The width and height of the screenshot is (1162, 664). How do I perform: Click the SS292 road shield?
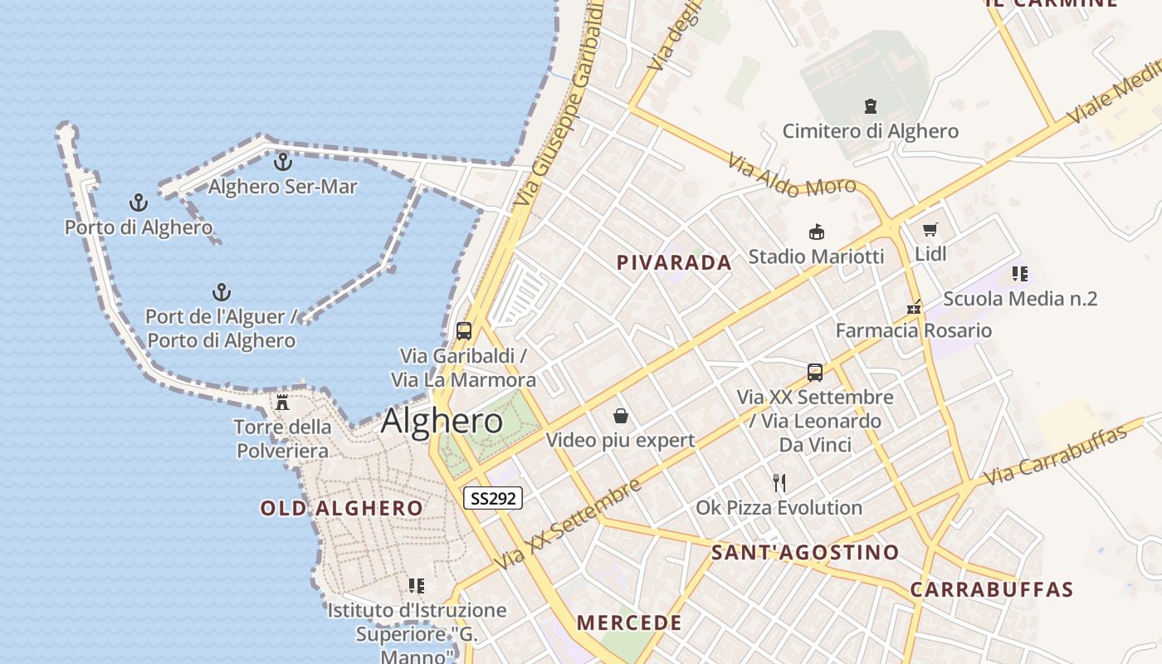coord(493,498)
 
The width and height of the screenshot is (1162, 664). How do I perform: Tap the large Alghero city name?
coord(442,422)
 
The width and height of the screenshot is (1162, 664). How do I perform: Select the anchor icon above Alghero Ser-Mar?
coord(283,161)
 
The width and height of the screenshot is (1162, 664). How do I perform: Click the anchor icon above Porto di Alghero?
coord(139,203)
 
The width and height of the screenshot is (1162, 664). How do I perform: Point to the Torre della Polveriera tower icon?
coord(282,403)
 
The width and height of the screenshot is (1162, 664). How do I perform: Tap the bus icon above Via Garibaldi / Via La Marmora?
coord(464,331)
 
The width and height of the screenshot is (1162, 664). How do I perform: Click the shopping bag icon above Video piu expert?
coord(620,416)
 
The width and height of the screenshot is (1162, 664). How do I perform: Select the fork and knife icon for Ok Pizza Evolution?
coord(779,483)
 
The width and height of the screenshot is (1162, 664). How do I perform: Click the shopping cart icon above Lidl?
coord(930,229)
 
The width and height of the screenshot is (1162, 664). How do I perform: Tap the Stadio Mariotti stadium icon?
coord(817,232)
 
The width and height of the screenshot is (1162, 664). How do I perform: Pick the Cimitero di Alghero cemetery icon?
coord(871,106)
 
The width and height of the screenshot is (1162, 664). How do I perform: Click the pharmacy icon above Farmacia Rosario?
coord(914,307)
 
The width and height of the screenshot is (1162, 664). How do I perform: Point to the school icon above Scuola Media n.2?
coord(1020,274)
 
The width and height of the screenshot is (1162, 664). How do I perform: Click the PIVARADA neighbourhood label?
coord(674,263)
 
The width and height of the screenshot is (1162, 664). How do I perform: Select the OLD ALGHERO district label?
coord(342,508)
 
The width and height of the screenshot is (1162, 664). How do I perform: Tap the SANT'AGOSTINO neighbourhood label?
coord(805,553)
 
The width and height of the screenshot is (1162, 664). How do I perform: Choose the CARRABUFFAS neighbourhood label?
coord(992,590)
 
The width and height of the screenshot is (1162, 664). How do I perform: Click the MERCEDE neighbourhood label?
coord(629,622)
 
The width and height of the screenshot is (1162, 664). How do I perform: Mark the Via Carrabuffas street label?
coord(1055,456)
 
